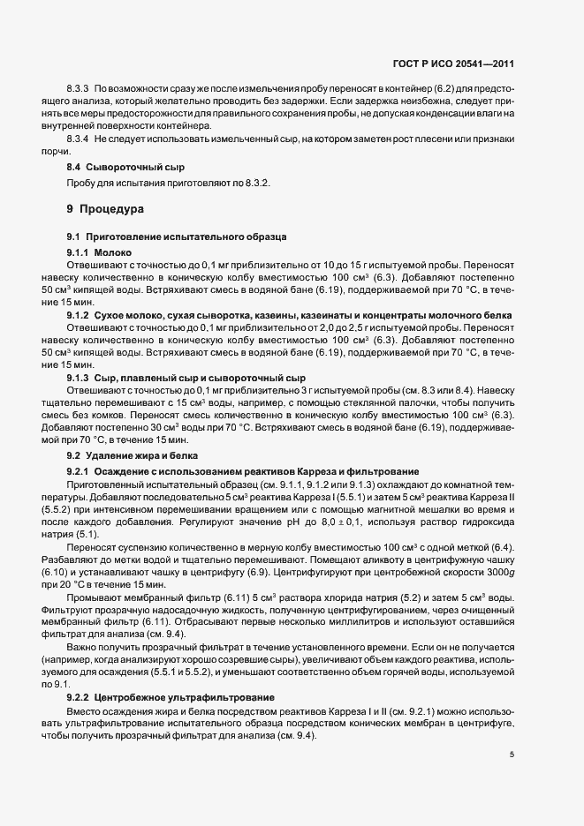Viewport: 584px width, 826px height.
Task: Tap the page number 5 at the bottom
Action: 512,754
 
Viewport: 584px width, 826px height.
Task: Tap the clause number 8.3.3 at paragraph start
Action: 78,90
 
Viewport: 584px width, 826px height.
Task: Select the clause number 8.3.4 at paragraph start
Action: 78,139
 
